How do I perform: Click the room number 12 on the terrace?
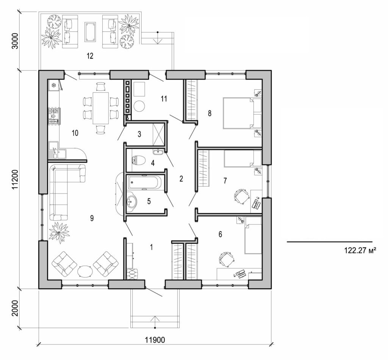[x=90, y=56]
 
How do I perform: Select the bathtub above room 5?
[x=144, y=182]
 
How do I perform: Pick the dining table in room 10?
[x=100, y=108]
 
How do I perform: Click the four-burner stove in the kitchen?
[x=54, y=117]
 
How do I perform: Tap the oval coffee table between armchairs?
[x=85, y=271]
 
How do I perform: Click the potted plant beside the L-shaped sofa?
[x=59, y=232]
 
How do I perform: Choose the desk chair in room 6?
[x=226, y=259]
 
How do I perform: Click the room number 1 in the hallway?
[x=152, y=247]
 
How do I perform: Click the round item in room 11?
[x=139, y=106]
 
